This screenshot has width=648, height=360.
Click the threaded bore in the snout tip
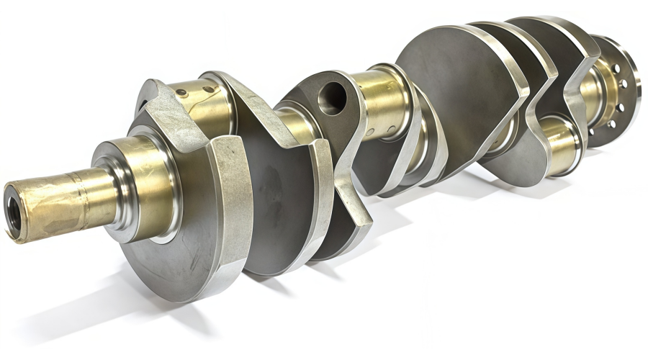[x=14, y=210]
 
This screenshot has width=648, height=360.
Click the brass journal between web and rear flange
[x=587, y=90]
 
